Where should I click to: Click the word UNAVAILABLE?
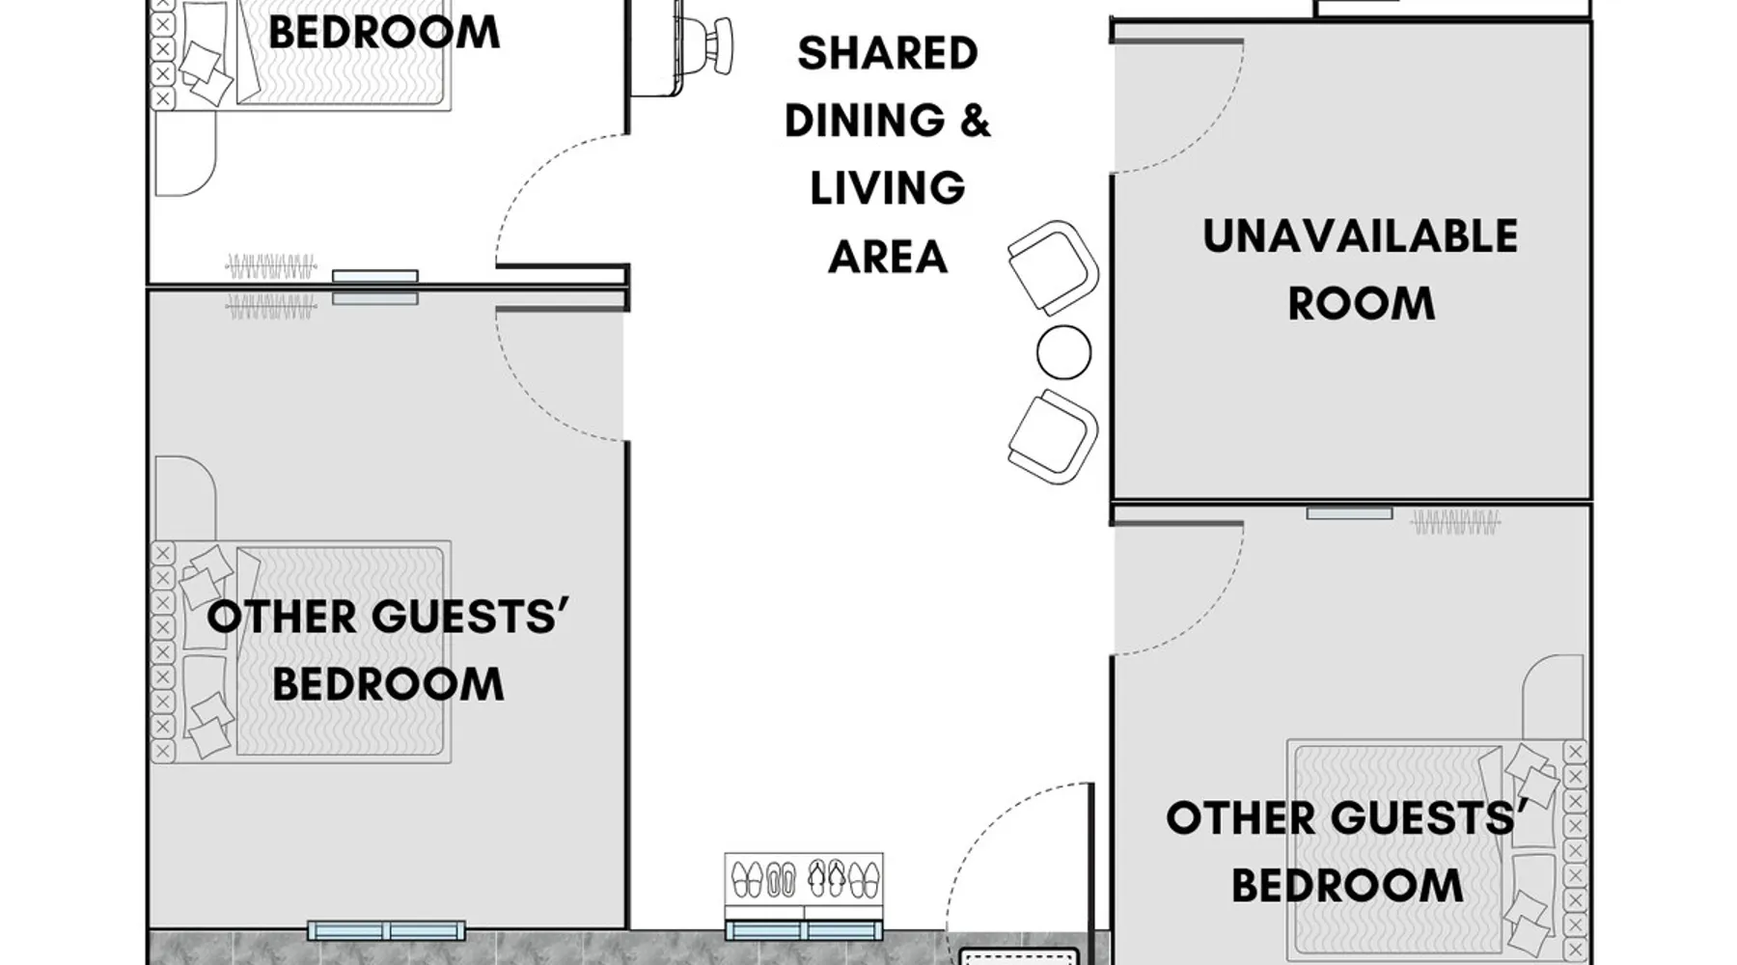[1360, 236]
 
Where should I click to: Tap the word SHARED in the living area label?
[888, 53]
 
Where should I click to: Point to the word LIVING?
[888, 188]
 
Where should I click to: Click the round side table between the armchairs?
[1063, 352]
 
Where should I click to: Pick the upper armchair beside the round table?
[1053, 267]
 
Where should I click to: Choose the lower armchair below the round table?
[1053, 437]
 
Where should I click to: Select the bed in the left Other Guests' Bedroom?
[301, 652]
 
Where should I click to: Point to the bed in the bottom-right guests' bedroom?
[1436, 849]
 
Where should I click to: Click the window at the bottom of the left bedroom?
[386, 931]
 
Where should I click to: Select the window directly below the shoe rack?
[804, 931]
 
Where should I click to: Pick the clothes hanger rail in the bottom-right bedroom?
[1455, 523]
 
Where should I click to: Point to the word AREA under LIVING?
[888, 257]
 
